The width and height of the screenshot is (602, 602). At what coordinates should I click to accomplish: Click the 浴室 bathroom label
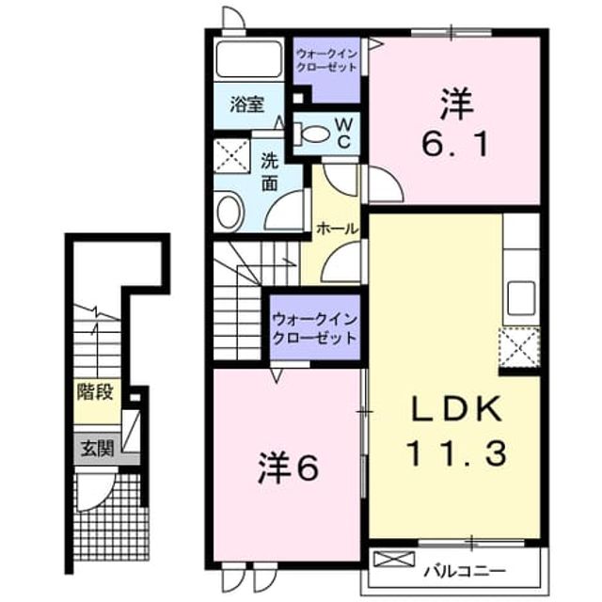click(x=247, y=104)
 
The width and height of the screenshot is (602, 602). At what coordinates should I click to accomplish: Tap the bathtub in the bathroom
click(x=248, y=58)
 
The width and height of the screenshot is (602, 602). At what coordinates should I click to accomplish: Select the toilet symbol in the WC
click(x=312, y=134)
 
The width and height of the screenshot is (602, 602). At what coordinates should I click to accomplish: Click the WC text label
click(x=344, y=134)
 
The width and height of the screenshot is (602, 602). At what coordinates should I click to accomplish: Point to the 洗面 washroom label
click(x=270, y=172)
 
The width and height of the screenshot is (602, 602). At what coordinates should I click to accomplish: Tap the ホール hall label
click(x=337, y=230)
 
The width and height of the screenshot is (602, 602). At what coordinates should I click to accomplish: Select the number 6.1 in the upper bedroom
click(x=455, y=144)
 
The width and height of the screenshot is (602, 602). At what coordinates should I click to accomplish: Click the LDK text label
click(x=457, y=409)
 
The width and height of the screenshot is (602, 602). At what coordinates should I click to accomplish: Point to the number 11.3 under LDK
click(x=457, y=453)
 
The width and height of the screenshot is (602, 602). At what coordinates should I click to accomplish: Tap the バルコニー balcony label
click(x=465, y=571)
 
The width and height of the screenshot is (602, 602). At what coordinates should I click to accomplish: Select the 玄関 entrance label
click(x=98, y=449)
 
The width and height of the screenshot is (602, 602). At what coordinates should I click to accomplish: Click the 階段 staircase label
click(x=95, y=392)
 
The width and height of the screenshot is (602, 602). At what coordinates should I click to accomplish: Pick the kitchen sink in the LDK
click(x=521, y=298)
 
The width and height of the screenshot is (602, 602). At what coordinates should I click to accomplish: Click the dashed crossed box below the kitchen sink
click(x=519, y=348)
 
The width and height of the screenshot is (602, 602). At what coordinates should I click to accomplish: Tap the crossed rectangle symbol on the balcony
click(x=394, y=559)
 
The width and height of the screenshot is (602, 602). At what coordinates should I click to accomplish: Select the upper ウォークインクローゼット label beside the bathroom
click(x=327, y=60)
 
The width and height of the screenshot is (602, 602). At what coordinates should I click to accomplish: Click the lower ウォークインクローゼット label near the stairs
click(x=315, y=328)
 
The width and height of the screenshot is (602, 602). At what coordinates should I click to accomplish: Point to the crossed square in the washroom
click(x=231, y=157)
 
